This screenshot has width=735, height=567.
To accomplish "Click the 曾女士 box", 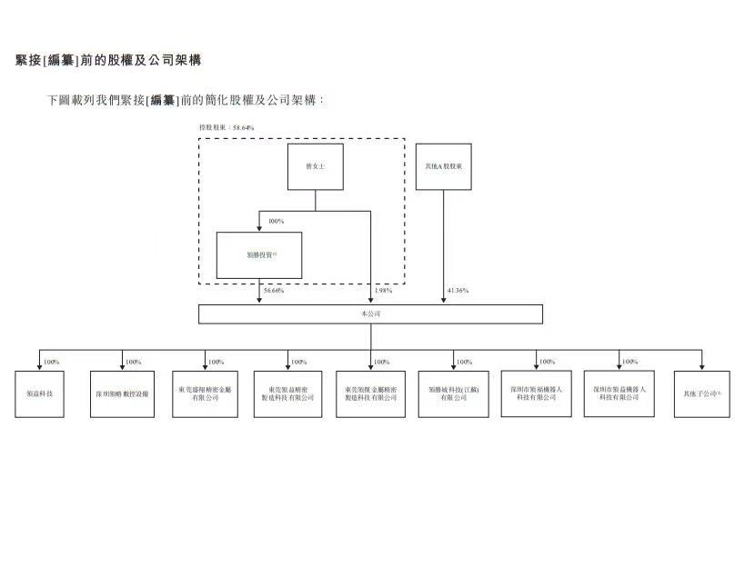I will click(315, 166).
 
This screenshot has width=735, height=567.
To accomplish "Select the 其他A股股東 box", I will click(443, 166).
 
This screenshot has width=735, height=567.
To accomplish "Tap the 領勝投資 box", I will click(259, 255).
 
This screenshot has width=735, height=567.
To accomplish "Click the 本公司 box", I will click(370, 313).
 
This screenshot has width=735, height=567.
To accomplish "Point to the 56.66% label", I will click(274, 291).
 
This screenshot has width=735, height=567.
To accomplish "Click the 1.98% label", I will click(383, 291).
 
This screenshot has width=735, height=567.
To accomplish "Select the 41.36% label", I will click(458, 291).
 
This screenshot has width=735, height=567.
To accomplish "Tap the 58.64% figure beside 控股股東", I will click(243, 128).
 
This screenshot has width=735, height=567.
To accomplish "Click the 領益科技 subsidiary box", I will click(39, 393).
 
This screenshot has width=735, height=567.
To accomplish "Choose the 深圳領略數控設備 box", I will click(123, 393).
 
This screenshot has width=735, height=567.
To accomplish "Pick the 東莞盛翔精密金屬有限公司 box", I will click(205, 393).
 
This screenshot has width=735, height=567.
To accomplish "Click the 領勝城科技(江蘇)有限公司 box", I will click(453, 393).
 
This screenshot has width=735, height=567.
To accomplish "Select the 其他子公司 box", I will click(701, 393).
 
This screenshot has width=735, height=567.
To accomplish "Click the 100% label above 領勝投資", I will click(277, 221).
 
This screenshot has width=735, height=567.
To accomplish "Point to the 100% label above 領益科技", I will click(52, 362).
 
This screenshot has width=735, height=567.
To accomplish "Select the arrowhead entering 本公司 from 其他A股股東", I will click(443, 301).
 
